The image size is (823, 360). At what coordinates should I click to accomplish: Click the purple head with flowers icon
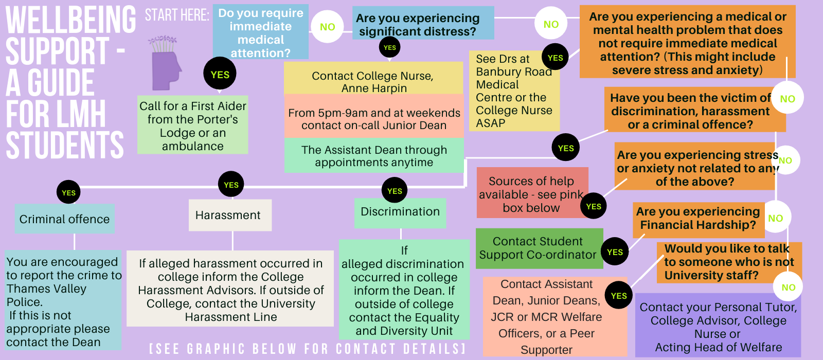point(165,63)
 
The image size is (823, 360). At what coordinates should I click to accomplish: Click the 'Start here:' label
point(177,15)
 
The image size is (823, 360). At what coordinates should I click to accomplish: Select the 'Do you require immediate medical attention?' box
point(260,32)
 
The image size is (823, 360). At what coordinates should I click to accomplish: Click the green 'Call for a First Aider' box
point(192,125)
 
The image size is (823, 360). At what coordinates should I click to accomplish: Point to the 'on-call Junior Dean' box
point(374,116)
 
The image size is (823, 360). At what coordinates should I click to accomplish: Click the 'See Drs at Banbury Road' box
point(514,91)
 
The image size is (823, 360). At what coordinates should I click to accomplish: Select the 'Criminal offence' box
point(65,219)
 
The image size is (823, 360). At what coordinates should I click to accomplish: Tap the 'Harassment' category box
point(230,215)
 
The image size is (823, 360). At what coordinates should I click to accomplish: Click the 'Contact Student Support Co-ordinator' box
point(540,248)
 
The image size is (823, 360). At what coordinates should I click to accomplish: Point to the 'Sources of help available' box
point(532,193)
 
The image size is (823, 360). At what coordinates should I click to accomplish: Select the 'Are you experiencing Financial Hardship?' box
point(699,220)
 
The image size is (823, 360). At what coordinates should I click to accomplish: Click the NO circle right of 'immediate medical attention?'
point(327,26)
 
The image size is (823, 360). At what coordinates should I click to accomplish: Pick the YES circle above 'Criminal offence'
point(68,192)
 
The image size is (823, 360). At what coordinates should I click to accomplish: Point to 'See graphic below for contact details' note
point(308,349)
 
